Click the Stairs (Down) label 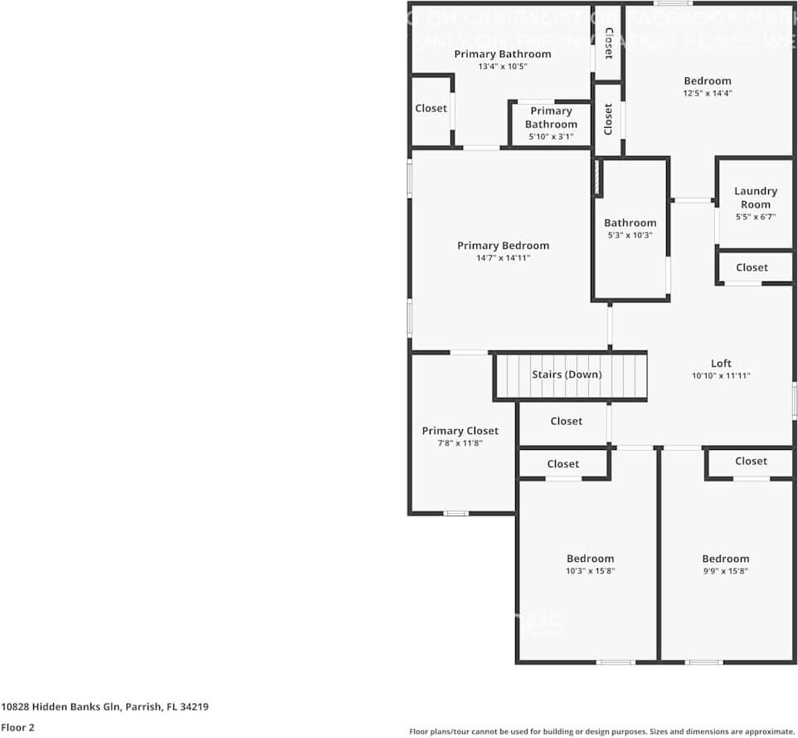(x=567, y=374)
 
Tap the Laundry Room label (x=756, y=198)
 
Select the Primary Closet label (x=460, y=431)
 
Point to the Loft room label (x=721, y=364)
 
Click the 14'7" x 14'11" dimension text (x=503, y=258)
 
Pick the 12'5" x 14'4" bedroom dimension (x=708, y=93)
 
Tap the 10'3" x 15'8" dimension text (x=590, y=571)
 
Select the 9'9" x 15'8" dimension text (x=725, y=571)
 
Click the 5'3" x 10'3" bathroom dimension (x=630, y=235)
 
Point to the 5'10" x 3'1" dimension (x=551, y=137)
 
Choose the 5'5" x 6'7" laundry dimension (x=756, y=217)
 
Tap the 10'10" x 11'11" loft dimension (x=721, y=376)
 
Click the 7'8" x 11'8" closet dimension (x=460, y=443)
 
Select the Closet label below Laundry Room (x=752, y=267)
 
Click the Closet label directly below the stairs (x=567, y=421)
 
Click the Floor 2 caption (x=17, y=727)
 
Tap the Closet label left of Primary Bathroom (x=431, y=108)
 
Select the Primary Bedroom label (x=503, y=246)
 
